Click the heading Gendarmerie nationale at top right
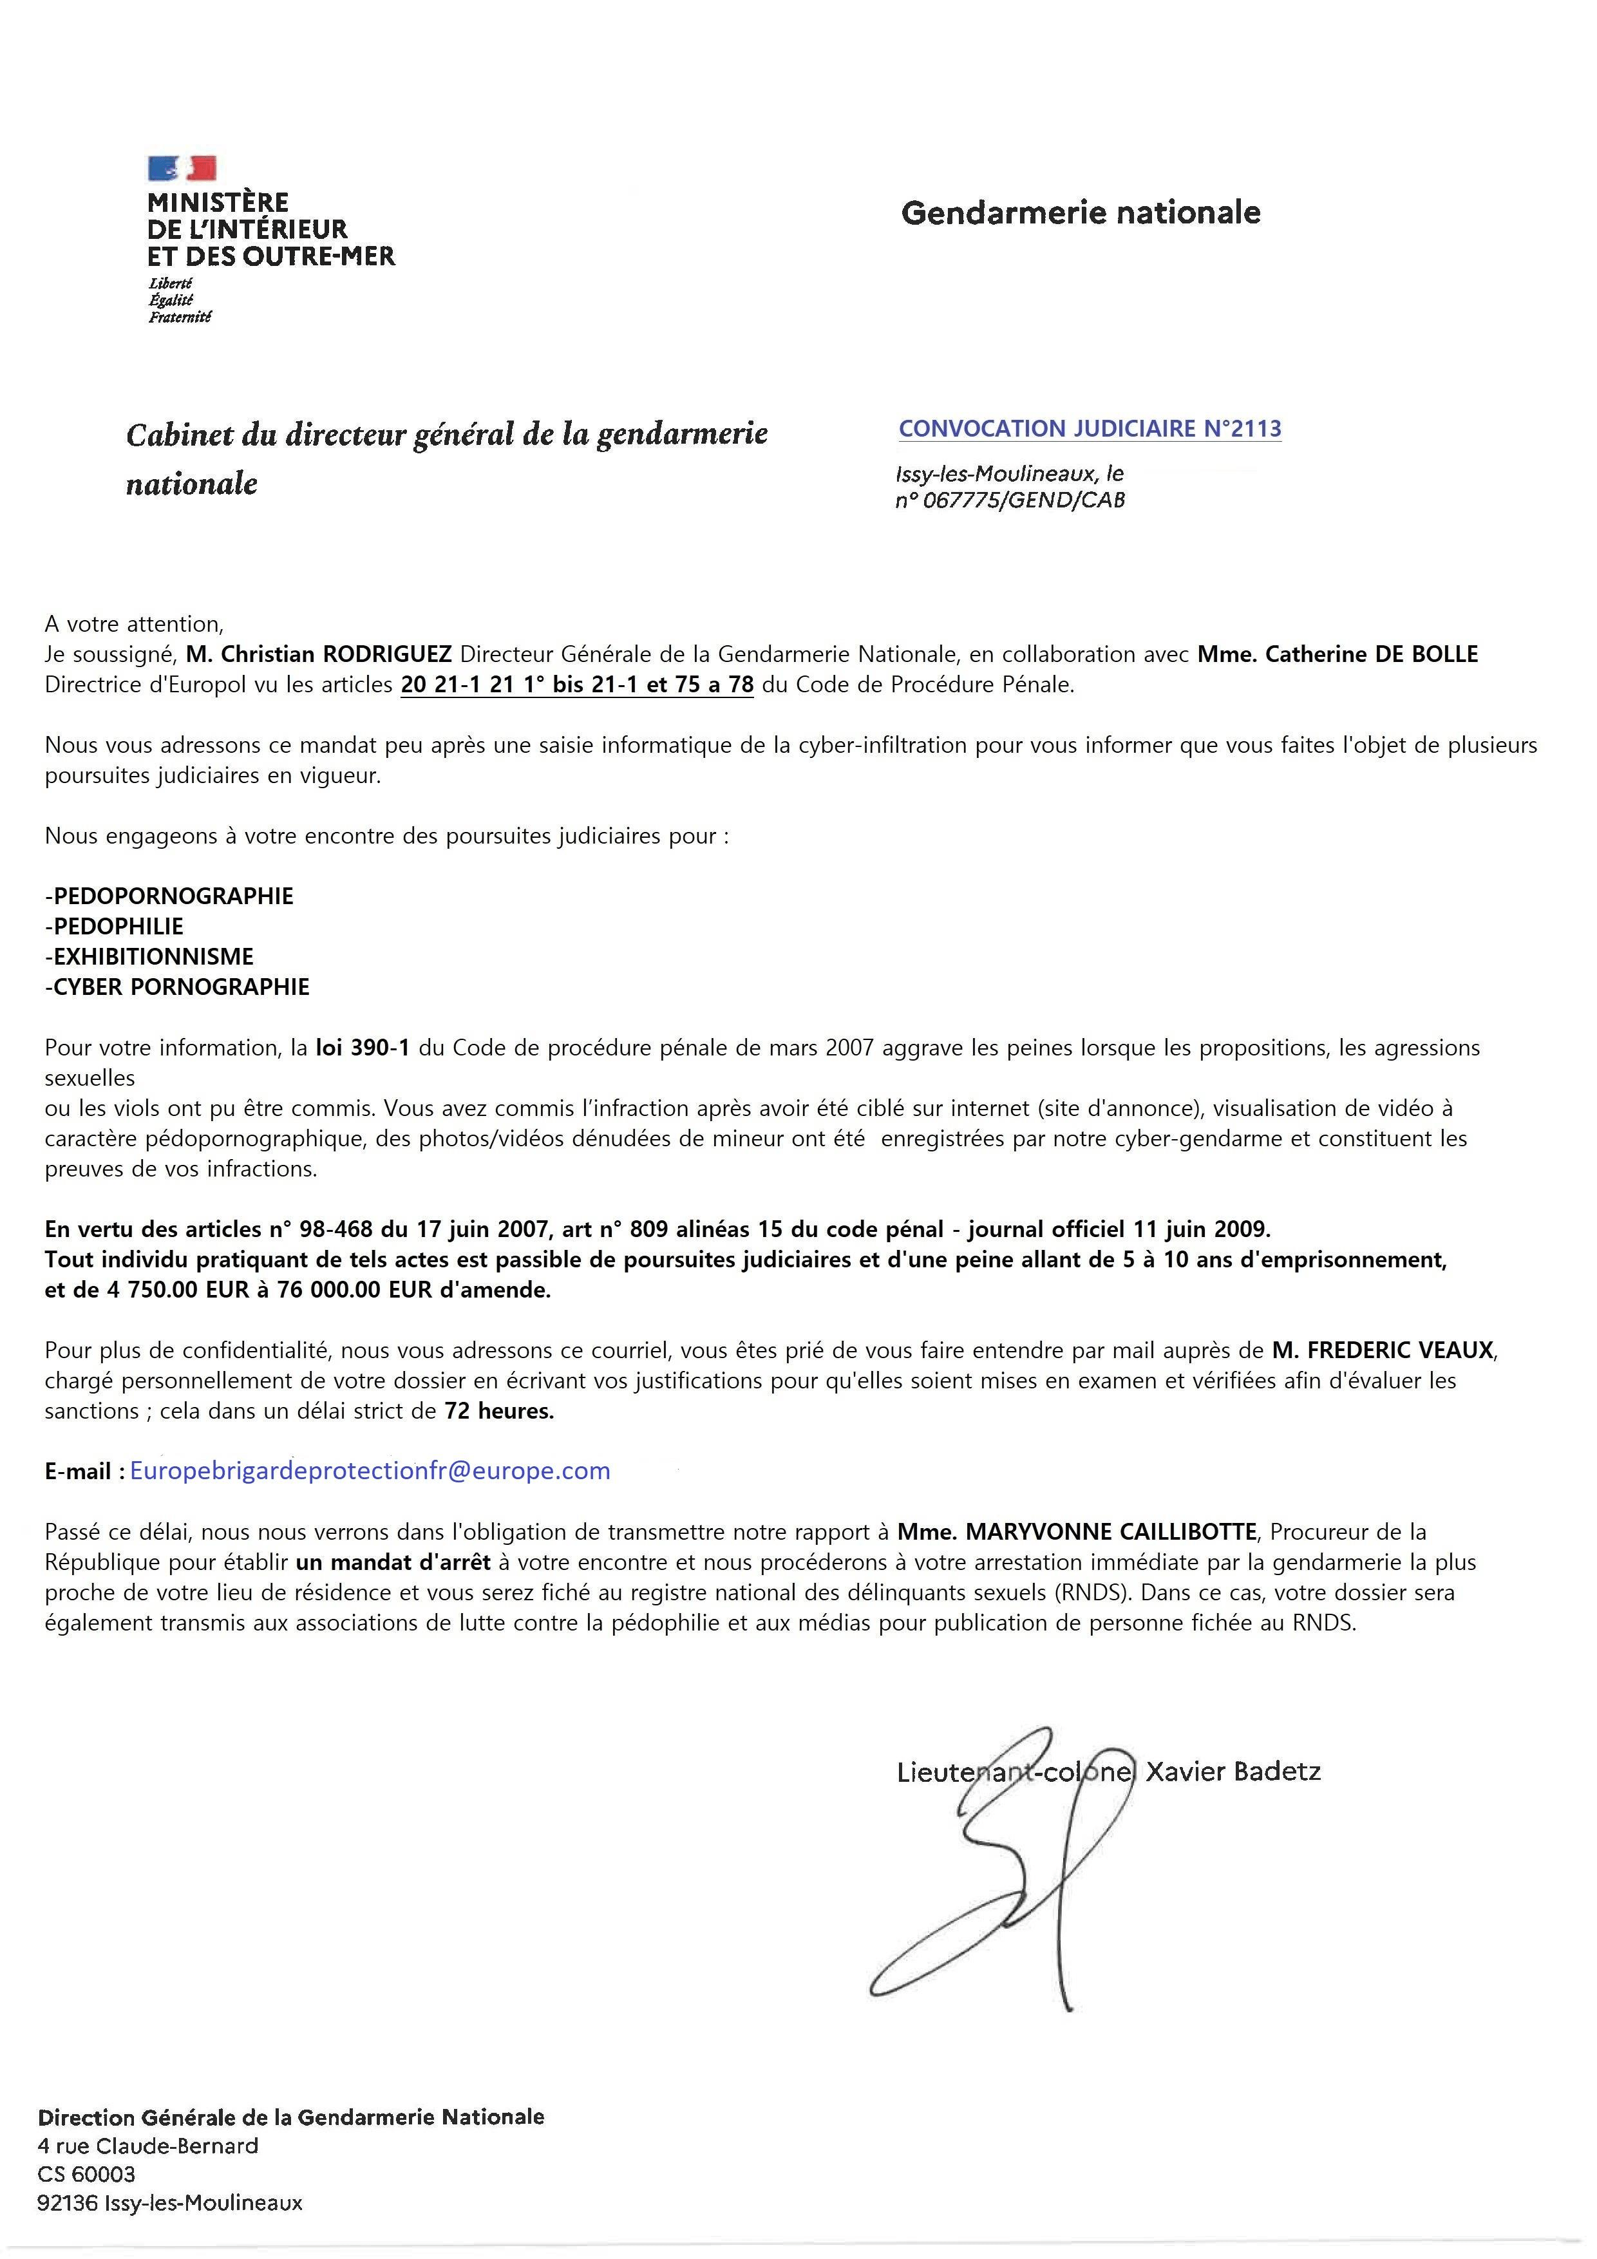[1081, 213]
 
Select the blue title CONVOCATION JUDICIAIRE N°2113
[1090, 429]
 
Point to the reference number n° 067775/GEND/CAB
[1010, 500]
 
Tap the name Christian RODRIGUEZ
[319, 654]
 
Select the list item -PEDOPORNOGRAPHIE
[169, 895]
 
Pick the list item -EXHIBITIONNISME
[149, 956]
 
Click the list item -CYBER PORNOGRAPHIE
[177, 987]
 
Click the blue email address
[370, 1471]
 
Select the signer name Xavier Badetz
[1233, 1772]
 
